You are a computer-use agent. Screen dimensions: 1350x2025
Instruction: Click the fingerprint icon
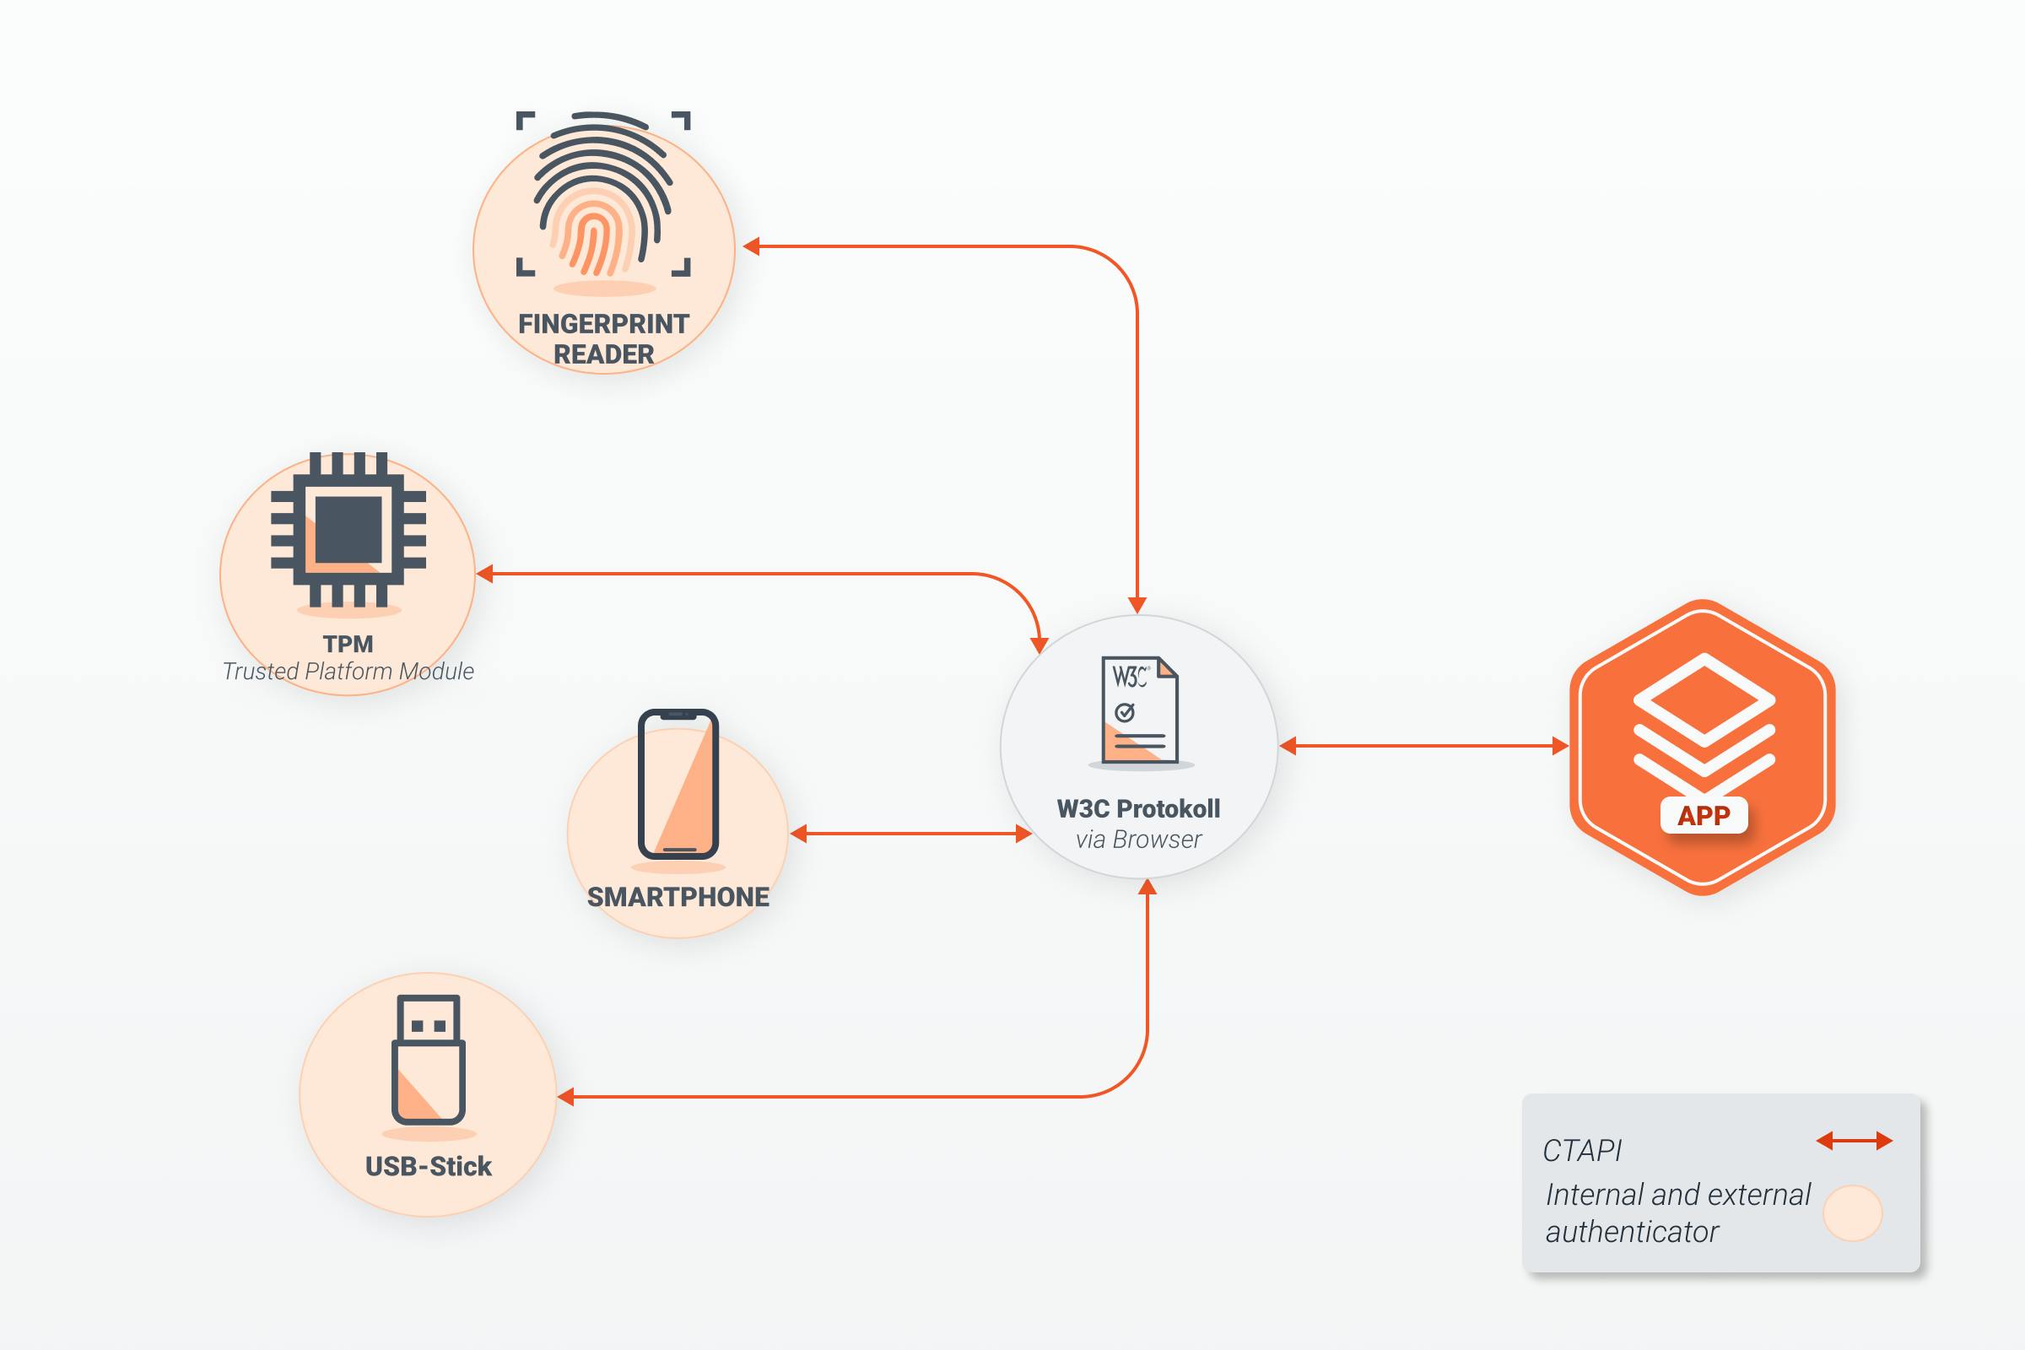tap(602, 197)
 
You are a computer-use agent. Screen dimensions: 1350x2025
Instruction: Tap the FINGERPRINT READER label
tap(603, 339)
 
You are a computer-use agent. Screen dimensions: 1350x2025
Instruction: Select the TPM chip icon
tap(348, 530)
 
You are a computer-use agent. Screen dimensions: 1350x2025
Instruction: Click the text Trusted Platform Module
tap(348, 672)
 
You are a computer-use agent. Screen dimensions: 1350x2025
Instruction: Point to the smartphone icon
tap(678, 784)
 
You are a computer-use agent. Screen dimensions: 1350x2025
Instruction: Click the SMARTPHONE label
tap(678, 897)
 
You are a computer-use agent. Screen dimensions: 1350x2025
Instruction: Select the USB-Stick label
tap(429, 1167)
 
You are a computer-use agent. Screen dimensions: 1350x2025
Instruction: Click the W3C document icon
tap(1139, 710)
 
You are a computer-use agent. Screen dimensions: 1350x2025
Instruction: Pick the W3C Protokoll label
tap(1138, 809)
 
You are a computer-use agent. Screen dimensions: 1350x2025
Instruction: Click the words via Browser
tap(1138, 840)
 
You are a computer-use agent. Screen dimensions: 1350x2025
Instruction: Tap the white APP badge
tap(1704, 815)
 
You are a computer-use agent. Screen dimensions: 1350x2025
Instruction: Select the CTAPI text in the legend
tap(1581, 1151)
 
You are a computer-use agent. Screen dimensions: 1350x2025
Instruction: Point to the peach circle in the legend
tap(1852, 1213)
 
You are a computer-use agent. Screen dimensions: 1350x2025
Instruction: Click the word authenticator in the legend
tap(1632, 1233)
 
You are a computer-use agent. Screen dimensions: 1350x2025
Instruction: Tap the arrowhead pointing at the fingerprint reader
tap(752, 247)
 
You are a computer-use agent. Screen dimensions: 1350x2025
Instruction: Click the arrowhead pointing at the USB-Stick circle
tap(566, 1097)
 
